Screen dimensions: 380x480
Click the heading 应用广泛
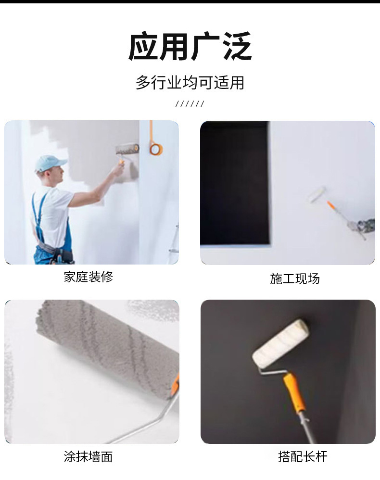point(190,47)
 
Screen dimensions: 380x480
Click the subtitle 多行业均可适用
point(190,83)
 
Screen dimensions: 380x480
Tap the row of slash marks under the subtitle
point(190,104)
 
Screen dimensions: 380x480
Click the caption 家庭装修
point(89,277)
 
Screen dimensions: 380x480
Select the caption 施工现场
point(294,278)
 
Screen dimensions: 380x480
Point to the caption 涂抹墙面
point(88,457)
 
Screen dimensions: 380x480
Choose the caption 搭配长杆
point(303,457)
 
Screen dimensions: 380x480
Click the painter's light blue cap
point(50,163)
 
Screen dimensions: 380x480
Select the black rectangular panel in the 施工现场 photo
point(235,183)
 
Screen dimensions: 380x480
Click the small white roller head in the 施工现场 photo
point(317,194)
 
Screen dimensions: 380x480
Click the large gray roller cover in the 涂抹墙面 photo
point(107,346)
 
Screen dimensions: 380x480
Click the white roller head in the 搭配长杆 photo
point(280,343)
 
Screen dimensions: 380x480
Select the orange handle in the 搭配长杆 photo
point(294,392)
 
